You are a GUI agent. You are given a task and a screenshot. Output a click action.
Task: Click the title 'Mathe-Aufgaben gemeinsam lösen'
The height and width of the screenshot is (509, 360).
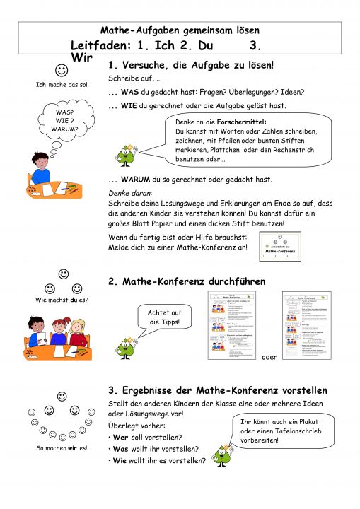tap(180, 30)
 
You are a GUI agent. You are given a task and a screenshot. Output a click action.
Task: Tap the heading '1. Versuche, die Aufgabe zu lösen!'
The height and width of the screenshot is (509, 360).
tap(190, 65)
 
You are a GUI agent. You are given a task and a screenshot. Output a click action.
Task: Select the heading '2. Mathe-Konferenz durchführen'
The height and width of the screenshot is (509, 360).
tap(187, 281)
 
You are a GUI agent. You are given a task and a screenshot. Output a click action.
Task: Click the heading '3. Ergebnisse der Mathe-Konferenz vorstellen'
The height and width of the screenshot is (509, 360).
tap(217, 390)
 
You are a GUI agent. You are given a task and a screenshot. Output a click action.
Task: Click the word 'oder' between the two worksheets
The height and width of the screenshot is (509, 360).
tap(269, 356)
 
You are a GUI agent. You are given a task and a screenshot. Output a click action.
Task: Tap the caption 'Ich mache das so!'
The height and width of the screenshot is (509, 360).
tap(62, 85)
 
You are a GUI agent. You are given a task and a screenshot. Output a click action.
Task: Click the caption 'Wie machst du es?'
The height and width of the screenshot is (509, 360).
tap(62, 300)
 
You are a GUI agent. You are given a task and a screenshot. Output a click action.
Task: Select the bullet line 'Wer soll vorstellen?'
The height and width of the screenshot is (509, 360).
tap(145, 437)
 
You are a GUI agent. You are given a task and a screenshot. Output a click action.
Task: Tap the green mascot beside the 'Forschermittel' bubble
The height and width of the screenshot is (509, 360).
tap(128, 154)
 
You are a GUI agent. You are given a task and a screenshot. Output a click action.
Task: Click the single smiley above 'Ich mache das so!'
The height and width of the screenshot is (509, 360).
tap(62, 70)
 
